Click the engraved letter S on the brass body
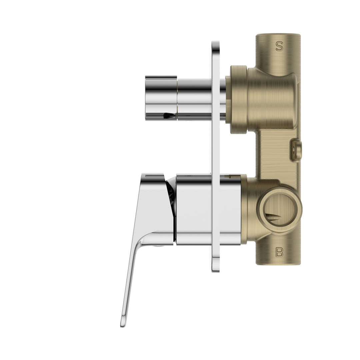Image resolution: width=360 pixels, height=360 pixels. [279, 46]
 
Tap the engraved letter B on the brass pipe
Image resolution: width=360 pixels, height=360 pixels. [279, 252]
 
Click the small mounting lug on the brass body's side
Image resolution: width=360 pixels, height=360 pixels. [296, 150]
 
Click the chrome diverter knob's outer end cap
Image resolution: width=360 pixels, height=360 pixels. [161, 97]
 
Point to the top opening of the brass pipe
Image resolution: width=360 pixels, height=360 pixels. [278, 35]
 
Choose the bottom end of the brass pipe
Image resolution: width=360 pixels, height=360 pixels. [278, 263]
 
